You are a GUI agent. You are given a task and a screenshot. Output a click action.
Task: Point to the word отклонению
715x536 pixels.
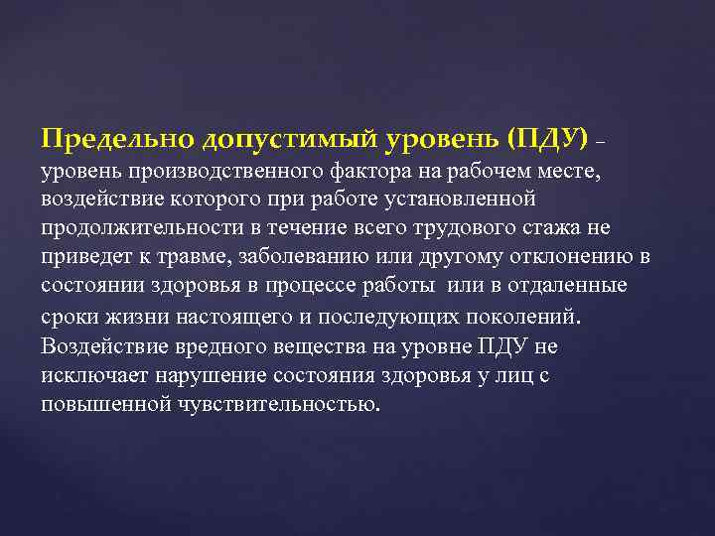coord(573,259)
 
